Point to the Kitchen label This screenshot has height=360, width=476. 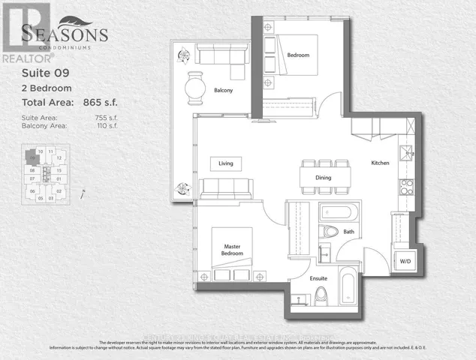click(x=380, y=163)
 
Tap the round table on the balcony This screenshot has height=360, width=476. click(x=194, y=88)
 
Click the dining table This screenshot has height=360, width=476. click(x=325, y=178)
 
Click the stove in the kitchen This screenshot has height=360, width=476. click(x=406, y=185)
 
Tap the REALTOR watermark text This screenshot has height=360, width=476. click(x=21, y=57)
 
